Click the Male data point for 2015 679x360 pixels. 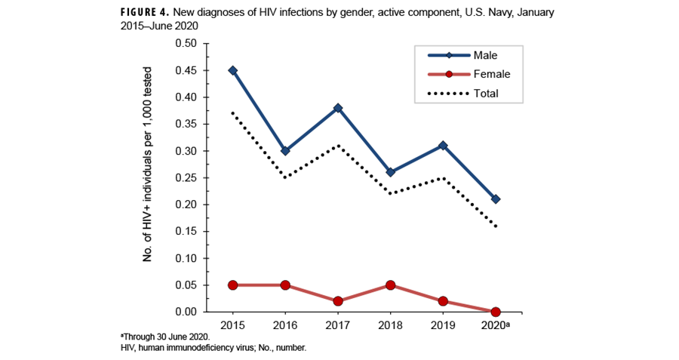(232, 70)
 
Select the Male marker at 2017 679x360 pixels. (338, 108)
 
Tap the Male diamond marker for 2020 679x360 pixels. (496, 199)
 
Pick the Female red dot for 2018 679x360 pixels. (391, 285)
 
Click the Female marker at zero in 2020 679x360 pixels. (496, 312)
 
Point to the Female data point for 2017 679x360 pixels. (338, 301)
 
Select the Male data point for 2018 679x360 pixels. (391, 172)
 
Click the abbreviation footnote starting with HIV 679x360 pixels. (214, 348)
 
